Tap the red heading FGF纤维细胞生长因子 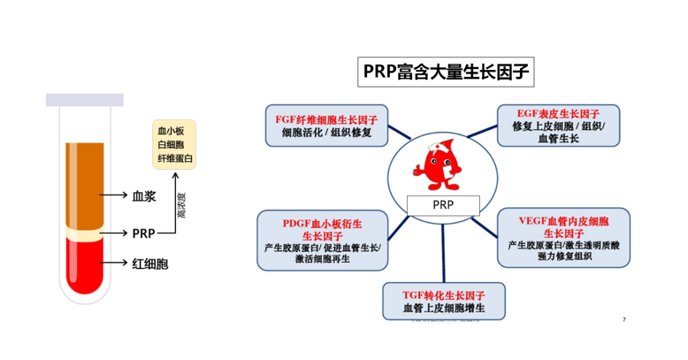pos(325,119)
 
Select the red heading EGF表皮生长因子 pos(558,114)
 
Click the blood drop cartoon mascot pos(436,165)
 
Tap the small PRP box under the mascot pos(443,203)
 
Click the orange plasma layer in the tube pos(86,181)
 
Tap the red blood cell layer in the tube pos(86,265)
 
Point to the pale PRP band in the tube pos(86,234)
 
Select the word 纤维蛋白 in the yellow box pos(175,158)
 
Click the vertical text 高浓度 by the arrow pos(182,204)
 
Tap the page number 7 pos(624,319)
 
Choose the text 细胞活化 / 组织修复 pos(325,133)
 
